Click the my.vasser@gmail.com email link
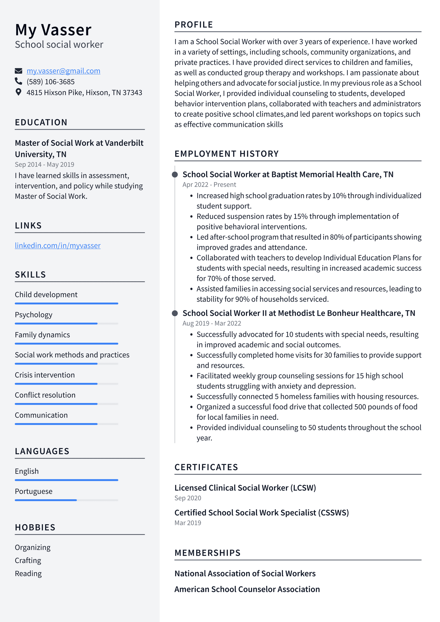tap(63, 71)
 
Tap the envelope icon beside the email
tap(18, 71)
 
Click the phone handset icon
tap(18, 81)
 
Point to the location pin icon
tap(18, 92)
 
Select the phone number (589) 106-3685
tap(51, 82)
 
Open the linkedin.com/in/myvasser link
tap(58, 245)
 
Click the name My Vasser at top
tap(53, 30)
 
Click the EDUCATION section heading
tap(41, 122)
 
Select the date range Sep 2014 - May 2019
tap(45, 165)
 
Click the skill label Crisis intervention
tap(45, 375)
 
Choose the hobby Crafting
tap(28, 560)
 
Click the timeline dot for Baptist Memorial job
tap(175, 175)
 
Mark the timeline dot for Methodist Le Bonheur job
tap(175, 313)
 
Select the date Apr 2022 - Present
tap(209, 185)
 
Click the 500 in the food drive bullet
tap(360, 407)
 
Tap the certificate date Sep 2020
tap(188, 498)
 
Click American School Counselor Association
tap(247, 589)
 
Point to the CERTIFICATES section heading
tap(206, 467)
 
